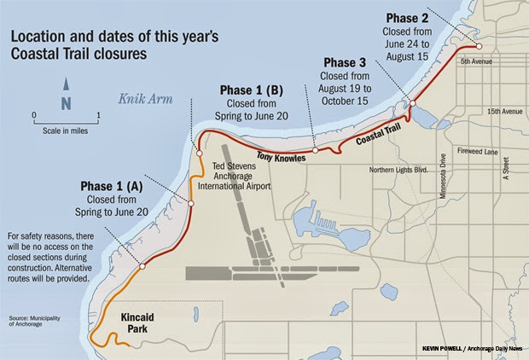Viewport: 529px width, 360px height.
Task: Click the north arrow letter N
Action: tap(66, 102)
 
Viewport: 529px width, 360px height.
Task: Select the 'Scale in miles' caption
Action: tap(65, 131)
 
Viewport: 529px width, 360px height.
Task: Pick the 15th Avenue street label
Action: tap(503, 111)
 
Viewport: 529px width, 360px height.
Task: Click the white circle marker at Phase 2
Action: tap(480, 47)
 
